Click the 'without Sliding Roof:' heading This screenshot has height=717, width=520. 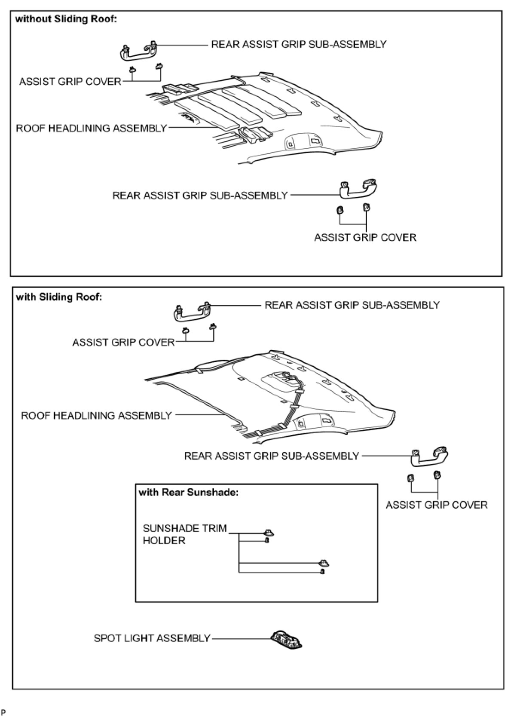tap(66, 19)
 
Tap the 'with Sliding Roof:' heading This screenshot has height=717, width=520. tap(59, 297)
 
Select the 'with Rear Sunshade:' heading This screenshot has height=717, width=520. tap(189, 492)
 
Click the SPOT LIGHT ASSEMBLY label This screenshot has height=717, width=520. tap(152, 638)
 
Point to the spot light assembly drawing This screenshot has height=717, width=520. tap(286, 640)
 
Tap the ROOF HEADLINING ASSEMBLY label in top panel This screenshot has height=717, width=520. tap(91, 128)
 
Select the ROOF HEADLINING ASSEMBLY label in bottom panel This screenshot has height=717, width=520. tap(96, 415)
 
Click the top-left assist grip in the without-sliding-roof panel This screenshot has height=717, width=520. tap(138, 51)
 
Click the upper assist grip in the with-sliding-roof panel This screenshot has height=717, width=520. tap(192, 312)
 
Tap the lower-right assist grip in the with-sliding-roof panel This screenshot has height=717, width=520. tap(429, 457)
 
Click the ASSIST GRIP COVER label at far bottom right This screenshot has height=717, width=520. tap(436, 505)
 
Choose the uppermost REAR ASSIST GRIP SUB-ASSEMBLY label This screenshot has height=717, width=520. tap(299, 45)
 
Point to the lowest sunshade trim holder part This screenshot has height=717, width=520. tap(322, 572)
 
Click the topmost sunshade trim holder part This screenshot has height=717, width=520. tap(269, 533)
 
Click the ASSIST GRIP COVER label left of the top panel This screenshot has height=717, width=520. tap(70, 82)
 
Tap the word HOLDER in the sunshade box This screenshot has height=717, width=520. tap(164, 541)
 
